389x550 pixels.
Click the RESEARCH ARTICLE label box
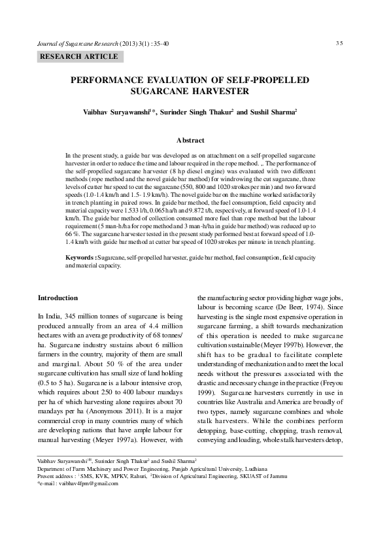coord(80,57)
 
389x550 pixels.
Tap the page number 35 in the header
coord(339,43)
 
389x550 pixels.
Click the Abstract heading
coord(190,140)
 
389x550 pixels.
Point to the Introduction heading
coord(58,298)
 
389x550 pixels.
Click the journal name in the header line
coord(79,43)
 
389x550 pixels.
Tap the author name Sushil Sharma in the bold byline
coord(273,112)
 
